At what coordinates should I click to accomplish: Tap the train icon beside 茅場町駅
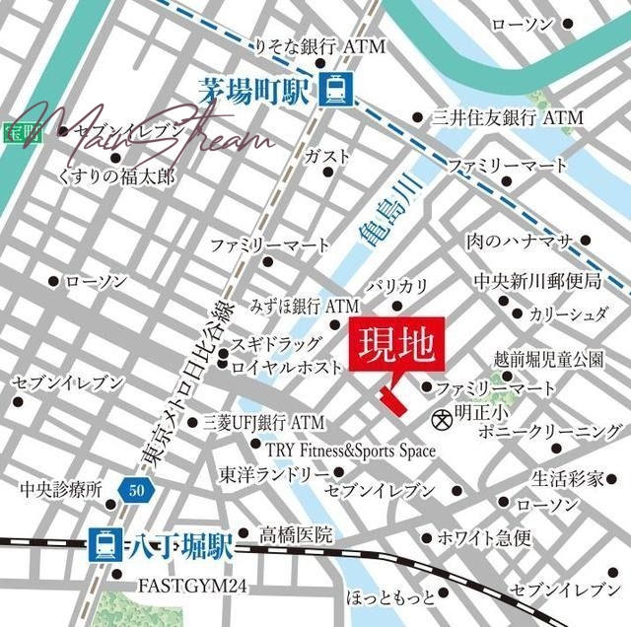333,91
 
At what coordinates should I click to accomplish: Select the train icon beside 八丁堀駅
103,541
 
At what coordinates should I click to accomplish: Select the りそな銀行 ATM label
305,47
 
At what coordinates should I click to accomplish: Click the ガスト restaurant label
326,156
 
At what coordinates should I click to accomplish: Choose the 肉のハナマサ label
522,240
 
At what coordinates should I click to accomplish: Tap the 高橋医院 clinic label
295,535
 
